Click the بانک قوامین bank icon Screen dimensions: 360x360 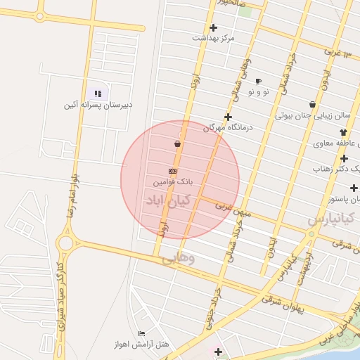172,171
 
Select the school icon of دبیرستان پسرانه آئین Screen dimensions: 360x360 98,94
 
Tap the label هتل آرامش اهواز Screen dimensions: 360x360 141,345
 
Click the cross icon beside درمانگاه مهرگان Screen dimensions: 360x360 228,117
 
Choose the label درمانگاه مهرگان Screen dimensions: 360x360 228,128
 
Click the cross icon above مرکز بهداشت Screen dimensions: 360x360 213,27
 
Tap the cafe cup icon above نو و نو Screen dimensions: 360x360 258,81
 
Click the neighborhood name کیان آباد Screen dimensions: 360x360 164,201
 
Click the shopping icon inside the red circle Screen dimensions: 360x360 176,143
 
